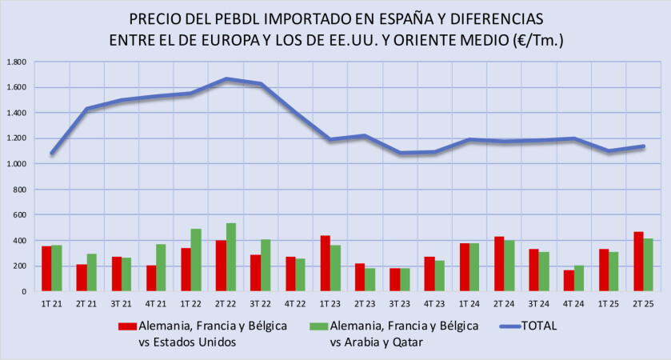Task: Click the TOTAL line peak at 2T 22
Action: [226, 78]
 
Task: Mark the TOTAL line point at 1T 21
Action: [52, 153]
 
